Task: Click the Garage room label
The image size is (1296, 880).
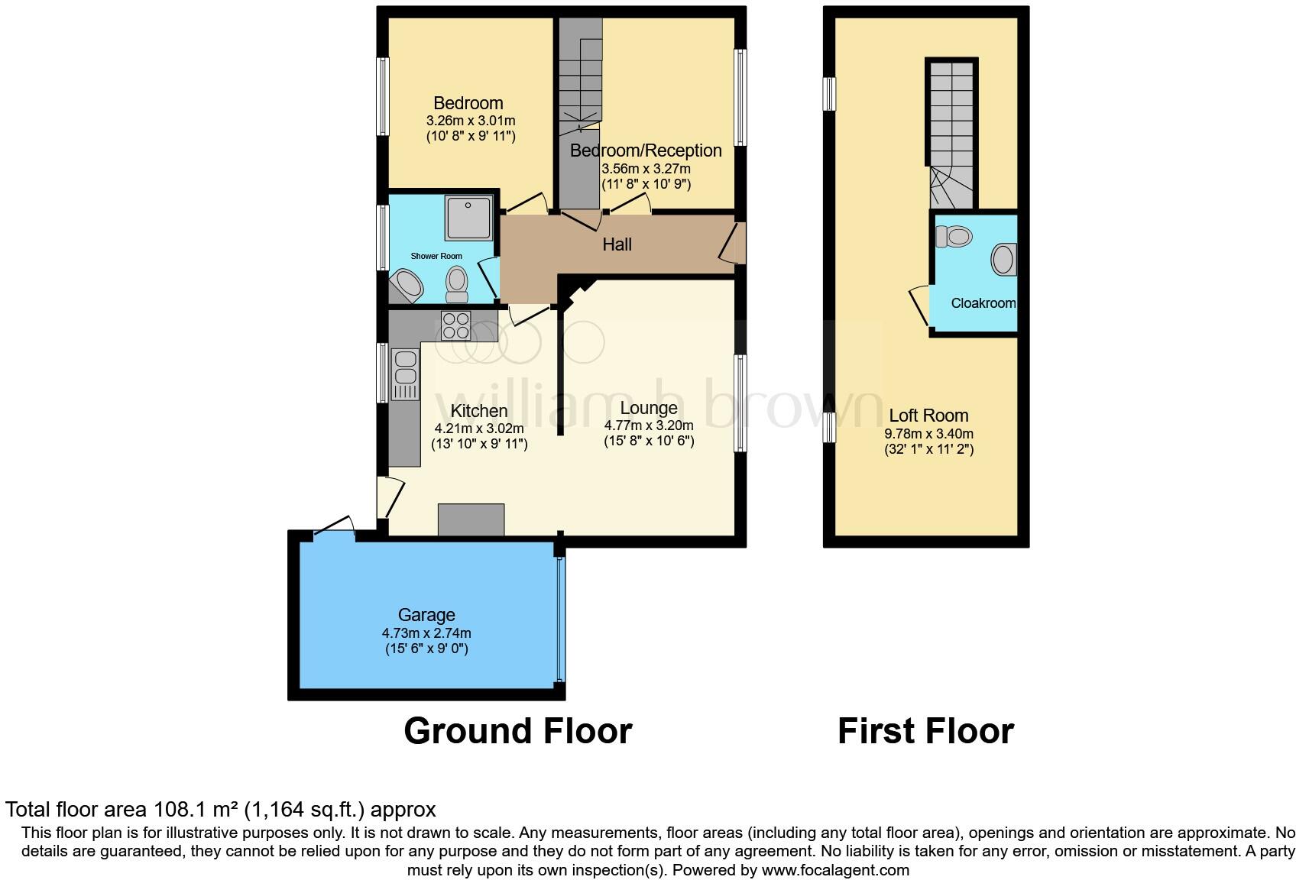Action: (x=426, y=615)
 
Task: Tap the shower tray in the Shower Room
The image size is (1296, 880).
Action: (x=469, y=217)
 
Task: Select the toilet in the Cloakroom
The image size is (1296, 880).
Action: (x=953, y=236)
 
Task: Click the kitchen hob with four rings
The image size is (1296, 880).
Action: (x=456, y=326)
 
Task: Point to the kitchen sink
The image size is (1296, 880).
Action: (x=404, y=367)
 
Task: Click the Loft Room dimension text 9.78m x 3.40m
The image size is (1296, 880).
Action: (x=928, y=434)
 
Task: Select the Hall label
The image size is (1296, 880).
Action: (x=617, y=244)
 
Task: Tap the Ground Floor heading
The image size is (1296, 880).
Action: (x=517, y=731)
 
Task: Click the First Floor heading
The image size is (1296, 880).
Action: (x=925, y=731)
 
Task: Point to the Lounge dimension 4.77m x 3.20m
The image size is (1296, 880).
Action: (x=649, y=425)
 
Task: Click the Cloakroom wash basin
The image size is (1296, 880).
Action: (x=1003, y=260)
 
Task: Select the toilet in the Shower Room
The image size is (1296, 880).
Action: (x=457, y=285)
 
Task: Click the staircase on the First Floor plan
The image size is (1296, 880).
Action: (x=951, y=134)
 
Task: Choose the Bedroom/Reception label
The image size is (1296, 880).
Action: (x=646, y=150)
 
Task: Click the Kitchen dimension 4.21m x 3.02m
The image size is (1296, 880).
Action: (x=479, y=429)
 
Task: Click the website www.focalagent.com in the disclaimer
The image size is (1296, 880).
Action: (x=835, y=870)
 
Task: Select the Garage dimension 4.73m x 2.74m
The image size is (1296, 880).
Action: (x=426, y=633)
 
